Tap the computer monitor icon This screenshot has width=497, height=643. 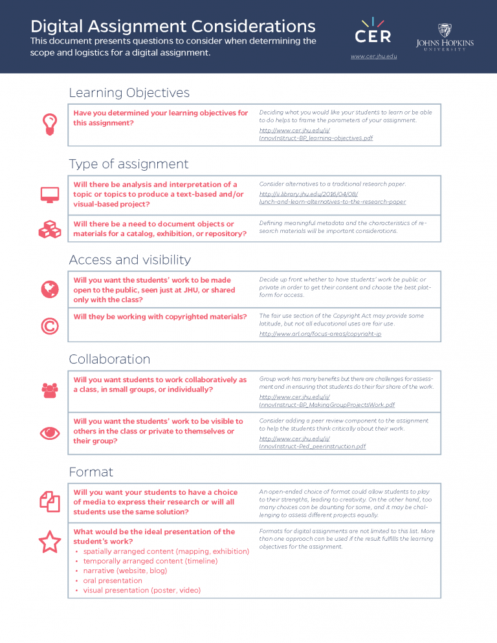coord(50,194)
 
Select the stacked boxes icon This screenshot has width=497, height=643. coord(50,229)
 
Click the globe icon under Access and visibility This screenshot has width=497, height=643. coord(50,289)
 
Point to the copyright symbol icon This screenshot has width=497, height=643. coord(50,326)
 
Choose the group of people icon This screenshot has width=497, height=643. coord(50,389)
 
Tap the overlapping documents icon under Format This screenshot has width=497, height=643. coord(50,501)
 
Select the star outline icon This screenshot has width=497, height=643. coord(50,543)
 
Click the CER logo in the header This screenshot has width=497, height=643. coord(373,32)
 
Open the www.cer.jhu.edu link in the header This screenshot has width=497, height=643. coord(373,57)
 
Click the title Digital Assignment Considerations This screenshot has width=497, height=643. coord(173,27)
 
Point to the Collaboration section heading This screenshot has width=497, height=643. coord(109,359)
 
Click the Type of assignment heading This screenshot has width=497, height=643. coord(128,164)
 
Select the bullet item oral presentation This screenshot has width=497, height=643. coord(113,580)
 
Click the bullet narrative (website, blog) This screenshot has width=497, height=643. coord(125,571)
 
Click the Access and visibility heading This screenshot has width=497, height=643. coord(129,259)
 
